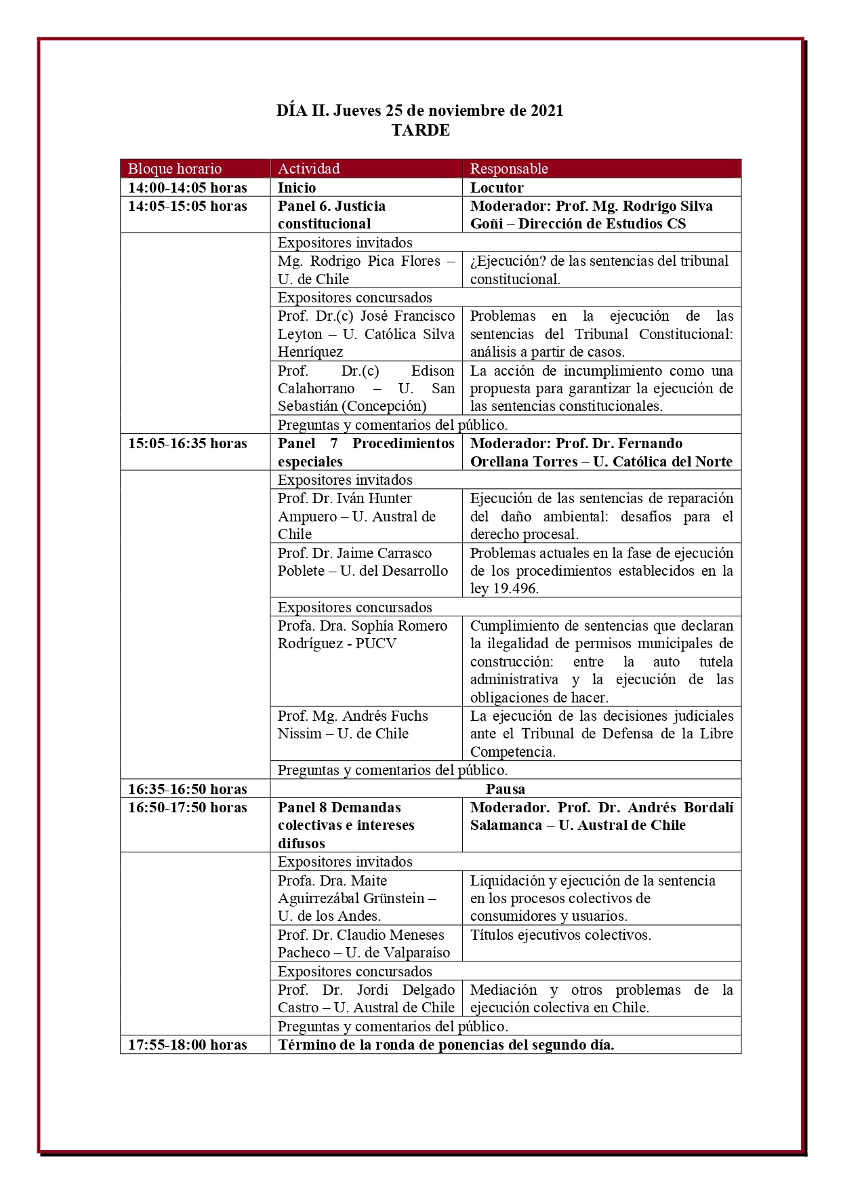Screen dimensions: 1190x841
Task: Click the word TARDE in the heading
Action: pyautogui.click(x=420, y=130)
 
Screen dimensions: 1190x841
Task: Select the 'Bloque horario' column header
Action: pyautogui.click(x=175, y=169)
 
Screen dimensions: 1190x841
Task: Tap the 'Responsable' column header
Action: pyautogui.click(x=509, y=169)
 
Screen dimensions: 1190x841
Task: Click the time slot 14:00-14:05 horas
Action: pyautogui.click(x=188, y=188)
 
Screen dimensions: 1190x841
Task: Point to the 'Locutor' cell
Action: pyautogui.click(x=497, y=188)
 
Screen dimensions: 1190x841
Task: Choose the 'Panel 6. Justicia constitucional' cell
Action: pyautogui.click(x=332, y=215)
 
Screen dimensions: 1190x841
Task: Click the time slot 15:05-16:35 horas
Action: pyautogui.click(x=188, y=443)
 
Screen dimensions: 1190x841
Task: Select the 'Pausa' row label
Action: pyautogui.click(x=506, y=789)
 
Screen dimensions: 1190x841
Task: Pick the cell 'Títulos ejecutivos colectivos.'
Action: pyautogui.click(x=560, y=935)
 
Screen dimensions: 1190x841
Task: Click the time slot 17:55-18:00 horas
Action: pyautogui.click(x=188, y=1045)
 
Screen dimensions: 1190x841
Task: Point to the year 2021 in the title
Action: pyautogui.click(x=547, y=111)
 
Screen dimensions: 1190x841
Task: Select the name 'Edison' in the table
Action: pyautogui.click(x=432, y=371)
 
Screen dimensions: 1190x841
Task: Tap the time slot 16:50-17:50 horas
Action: pyautogui.click(x=188, y=808)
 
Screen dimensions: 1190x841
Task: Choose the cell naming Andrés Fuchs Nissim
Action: pyautogui.click(x=352, y=725)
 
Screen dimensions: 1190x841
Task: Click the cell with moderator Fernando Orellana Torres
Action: pyautogui.click(x=601, y=452)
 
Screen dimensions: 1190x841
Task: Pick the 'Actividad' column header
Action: pyautogui.click(x=308, y=169)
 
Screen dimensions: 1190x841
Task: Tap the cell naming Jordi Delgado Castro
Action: pyautogui.click(x=366, y=999)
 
